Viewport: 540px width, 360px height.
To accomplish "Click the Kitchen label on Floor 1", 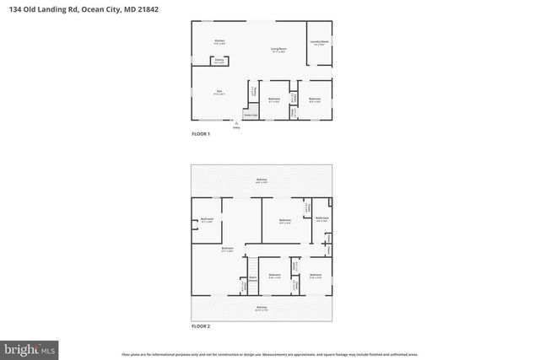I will [x=219, y=40].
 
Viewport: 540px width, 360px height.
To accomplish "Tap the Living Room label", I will [x=276, y=49].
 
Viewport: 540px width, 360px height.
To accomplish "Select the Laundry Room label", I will [x=320, y=41].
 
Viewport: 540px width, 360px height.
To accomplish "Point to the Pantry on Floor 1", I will [x=219, y=61].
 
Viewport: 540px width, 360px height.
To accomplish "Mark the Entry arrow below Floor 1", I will [x=236, y=125].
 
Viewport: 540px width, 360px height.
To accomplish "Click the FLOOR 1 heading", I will [x=200, y=134].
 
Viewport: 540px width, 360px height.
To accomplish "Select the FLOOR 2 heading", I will [x=200, y=325].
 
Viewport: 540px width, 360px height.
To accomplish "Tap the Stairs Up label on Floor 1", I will [x=250, y=114].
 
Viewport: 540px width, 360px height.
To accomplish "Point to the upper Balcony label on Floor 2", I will [x=262, y=180].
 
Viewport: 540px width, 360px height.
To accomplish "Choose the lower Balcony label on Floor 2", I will [x=262, y=308].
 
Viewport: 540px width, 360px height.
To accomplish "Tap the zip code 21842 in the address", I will [x=148, y=8].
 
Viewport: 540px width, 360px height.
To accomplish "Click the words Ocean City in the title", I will [x=100, y=8].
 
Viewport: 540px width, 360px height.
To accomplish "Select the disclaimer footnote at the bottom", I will [x=269, y=353].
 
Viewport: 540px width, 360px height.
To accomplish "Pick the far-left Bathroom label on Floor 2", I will [x=207, y=220].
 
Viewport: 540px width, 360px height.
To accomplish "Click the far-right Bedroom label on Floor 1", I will [x=315, y=99].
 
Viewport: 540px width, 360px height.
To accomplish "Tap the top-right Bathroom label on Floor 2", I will [x=321, y=218].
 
